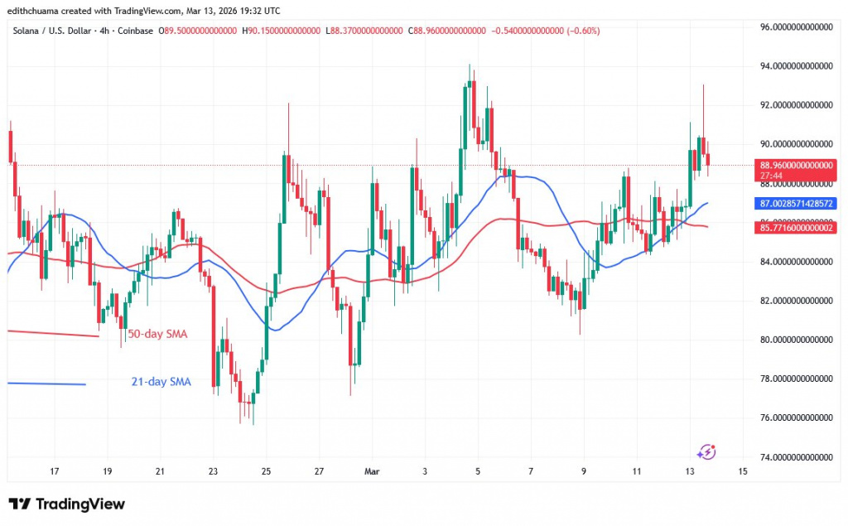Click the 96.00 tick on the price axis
pos(795,27)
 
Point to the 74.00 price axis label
pos(795,456)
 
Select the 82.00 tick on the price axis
pos(795,301)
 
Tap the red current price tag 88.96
pos(795,165)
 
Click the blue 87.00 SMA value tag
pos(795,203)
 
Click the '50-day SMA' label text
pos(157,335)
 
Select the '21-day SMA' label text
pos(161,382)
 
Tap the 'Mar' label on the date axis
pos(371,471)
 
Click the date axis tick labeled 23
pos(213,471)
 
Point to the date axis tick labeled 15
pos(742,471)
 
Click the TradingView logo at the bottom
pos(66,504)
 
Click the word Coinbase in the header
pos(135,31)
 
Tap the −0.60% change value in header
pos(583,31)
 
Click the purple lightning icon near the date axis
pos(706,451)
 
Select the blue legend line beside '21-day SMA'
pos(46,384)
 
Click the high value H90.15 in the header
pos(281,31)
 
